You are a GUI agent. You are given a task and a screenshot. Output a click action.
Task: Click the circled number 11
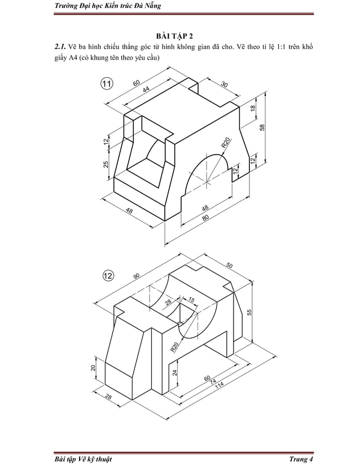coord(106,84)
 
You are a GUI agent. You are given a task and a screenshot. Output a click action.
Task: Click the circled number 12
coord(108,275)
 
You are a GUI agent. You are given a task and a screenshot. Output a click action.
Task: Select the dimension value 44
coord(146,90)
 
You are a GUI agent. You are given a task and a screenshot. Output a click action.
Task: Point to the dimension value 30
coord(224,85)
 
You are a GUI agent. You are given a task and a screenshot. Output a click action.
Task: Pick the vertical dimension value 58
coord(262,127)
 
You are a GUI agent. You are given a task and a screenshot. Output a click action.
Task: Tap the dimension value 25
coord(106,165)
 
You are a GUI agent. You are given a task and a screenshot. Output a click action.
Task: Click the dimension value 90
coord(137,276)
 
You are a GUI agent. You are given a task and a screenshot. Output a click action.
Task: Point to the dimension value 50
coord(230,265)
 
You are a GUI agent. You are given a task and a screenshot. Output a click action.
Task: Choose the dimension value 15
coord(192,300)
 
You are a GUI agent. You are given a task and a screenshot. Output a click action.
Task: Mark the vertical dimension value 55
coord(249,312)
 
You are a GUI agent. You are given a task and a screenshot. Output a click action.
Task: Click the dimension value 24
coord(174,372)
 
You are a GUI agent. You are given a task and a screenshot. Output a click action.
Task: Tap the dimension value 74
coord(213,382)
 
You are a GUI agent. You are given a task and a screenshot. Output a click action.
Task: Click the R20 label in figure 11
coord(225,143)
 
